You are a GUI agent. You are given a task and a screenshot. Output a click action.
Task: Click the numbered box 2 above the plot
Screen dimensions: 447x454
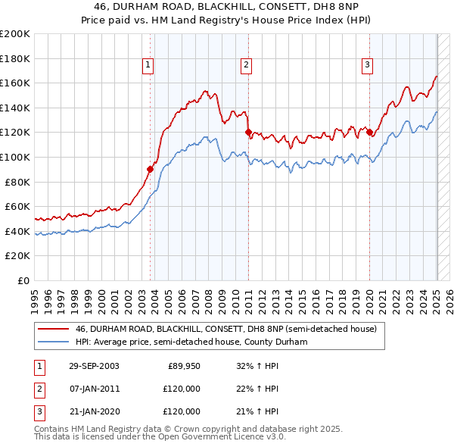[x=247, y=66]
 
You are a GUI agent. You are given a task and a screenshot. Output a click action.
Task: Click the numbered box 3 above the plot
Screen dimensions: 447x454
[x=367, y=66]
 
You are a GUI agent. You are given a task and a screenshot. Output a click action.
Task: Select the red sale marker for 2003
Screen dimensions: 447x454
[x=151, y=170]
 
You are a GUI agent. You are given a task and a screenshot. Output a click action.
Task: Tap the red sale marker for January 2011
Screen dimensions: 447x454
[x=248, y=133]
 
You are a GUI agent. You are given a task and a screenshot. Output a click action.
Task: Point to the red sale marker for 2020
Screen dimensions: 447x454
[x=370, y=133]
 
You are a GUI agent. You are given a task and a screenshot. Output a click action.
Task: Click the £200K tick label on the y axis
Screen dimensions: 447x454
[x=15, y=34]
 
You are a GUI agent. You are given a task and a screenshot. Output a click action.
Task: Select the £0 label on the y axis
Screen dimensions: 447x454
[x=24, y=280]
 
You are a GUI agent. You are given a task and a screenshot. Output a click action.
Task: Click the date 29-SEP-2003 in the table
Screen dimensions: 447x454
[x=94, y=367]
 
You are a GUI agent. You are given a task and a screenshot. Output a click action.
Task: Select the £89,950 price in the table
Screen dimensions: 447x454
[x=183, y=367]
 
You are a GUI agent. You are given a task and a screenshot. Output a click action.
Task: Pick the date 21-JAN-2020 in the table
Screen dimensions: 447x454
[x=94, y=411]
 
